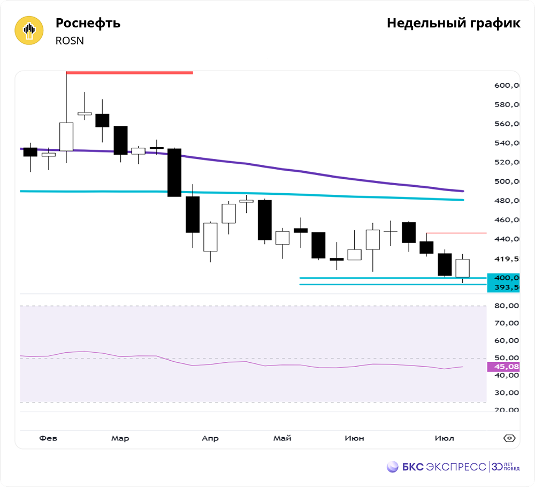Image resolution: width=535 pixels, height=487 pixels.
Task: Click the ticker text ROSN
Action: (x=70, y=41)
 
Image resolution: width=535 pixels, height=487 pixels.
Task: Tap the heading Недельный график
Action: (x=453, y=24)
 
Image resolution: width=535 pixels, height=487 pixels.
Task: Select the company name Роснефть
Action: (x=88, y=24)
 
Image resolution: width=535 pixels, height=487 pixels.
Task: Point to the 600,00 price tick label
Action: (x=506, y=85)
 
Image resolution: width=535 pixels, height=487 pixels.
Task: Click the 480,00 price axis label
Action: (x=506, y=201)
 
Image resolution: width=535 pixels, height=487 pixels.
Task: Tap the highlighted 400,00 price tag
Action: (x=504, y=278)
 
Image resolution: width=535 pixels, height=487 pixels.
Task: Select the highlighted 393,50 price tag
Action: (x=504, y=287)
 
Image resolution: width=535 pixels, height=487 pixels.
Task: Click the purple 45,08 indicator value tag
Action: (x=504, y=367)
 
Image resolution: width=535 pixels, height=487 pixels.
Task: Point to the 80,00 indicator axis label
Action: (x=506, y=306)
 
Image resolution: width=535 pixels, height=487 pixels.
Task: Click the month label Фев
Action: (x=48, y=438)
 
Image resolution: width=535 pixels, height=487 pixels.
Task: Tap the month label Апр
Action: (x=210, y=438)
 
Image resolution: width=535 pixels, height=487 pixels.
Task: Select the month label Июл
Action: (x=444, y=438)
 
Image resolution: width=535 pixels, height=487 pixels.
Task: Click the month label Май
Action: (x=282, y=438)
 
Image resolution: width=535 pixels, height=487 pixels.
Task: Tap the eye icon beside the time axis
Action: (x=509, y=438)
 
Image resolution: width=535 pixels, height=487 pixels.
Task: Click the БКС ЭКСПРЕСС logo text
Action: (x=436, y=467)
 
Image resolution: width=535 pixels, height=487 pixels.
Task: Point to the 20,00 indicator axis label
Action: (x=506, y=410)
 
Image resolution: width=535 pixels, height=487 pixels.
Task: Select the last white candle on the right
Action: (x=462, y=268)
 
